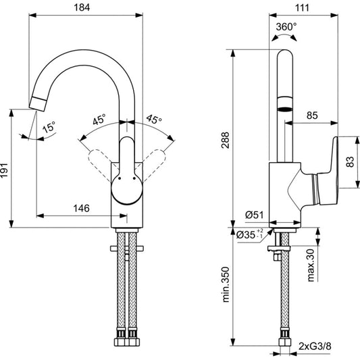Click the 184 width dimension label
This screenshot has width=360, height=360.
coord(82,7)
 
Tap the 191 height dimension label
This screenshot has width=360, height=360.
coord(4,170)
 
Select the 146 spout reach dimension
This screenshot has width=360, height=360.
coord(82,208)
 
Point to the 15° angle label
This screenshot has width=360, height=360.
coord(49,127)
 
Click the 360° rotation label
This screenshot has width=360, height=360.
coord(286,27)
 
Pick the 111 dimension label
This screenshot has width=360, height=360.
coord(302,8)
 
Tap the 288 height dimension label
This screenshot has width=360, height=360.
coord(225,140)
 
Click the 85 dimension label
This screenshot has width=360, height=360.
coord(312,115)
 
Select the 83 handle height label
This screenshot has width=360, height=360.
coord(350,161)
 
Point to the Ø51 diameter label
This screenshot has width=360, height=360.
coord(255,215)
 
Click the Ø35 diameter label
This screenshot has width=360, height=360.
coord(249,234)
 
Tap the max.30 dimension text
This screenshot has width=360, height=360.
coord(311,265)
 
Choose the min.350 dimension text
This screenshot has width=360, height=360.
coord(226,284)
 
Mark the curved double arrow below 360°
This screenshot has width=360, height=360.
coord(284,36)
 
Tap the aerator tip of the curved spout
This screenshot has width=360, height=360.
coord(38,104)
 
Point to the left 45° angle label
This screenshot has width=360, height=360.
coord(99,120)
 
